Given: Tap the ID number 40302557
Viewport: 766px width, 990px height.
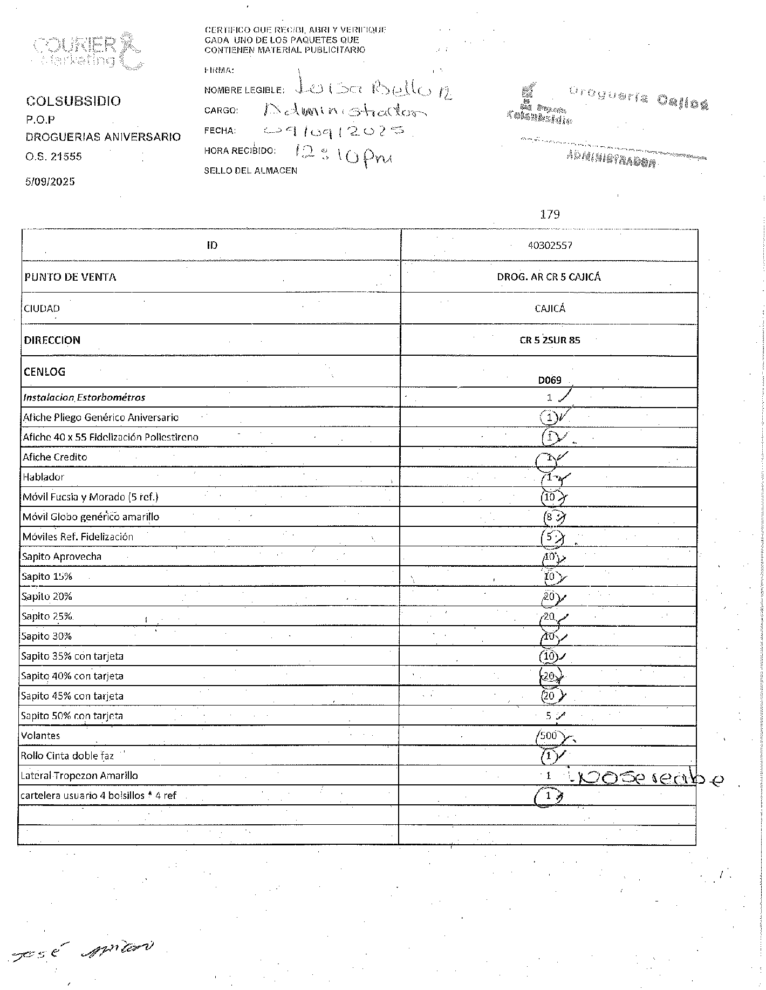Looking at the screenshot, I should click(550, 245).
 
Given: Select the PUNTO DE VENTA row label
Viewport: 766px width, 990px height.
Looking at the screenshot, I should click(70, 277).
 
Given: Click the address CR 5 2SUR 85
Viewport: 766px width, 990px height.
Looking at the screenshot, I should click(549, 340).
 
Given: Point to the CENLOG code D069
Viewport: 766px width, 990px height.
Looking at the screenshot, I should click(549, 380).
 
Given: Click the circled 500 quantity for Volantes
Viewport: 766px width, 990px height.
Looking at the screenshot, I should click(549, 736).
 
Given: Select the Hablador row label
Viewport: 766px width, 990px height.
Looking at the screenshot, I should click(44, 477).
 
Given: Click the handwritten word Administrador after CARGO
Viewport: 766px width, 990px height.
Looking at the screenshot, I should click(345, 111).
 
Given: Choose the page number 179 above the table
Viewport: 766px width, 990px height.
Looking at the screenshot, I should click(550, 214).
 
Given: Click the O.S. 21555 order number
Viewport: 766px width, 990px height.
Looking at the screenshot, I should click(54, 157).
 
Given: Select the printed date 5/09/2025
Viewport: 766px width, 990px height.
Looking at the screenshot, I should click(50, 181).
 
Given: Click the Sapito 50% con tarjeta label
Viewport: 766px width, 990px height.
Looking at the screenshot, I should click(72, 716).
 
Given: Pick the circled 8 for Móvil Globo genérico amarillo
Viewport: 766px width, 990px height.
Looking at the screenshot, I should click(549, 517).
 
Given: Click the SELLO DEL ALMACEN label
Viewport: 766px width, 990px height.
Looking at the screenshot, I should click(251, 171).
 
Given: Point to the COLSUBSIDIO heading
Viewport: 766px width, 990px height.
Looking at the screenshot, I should click(74, 101).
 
